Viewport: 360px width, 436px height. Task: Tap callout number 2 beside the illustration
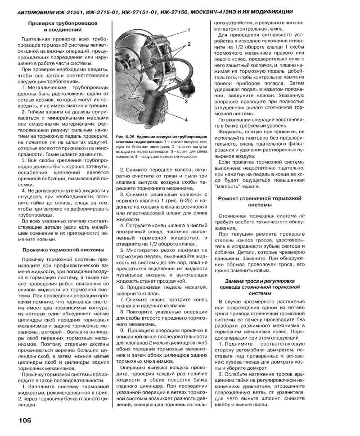click(189, 44)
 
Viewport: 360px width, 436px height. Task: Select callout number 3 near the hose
click(185, 102)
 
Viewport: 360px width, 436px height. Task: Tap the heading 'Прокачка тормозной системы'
click(63, 250)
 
